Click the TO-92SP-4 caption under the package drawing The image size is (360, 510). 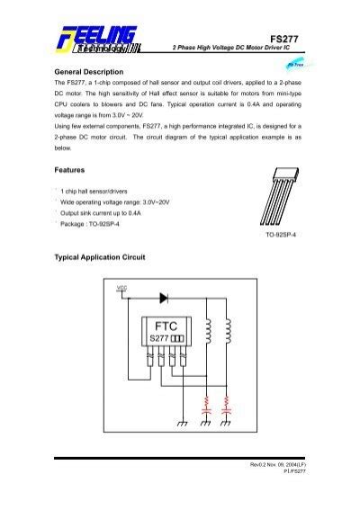[x=280, y=233]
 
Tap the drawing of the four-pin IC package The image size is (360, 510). [x=280, y=200]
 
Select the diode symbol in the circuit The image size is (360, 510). [x=165, y=296]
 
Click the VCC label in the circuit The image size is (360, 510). [x=122, y=289]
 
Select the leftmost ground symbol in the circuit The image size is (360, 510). [x=183, y=422]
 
